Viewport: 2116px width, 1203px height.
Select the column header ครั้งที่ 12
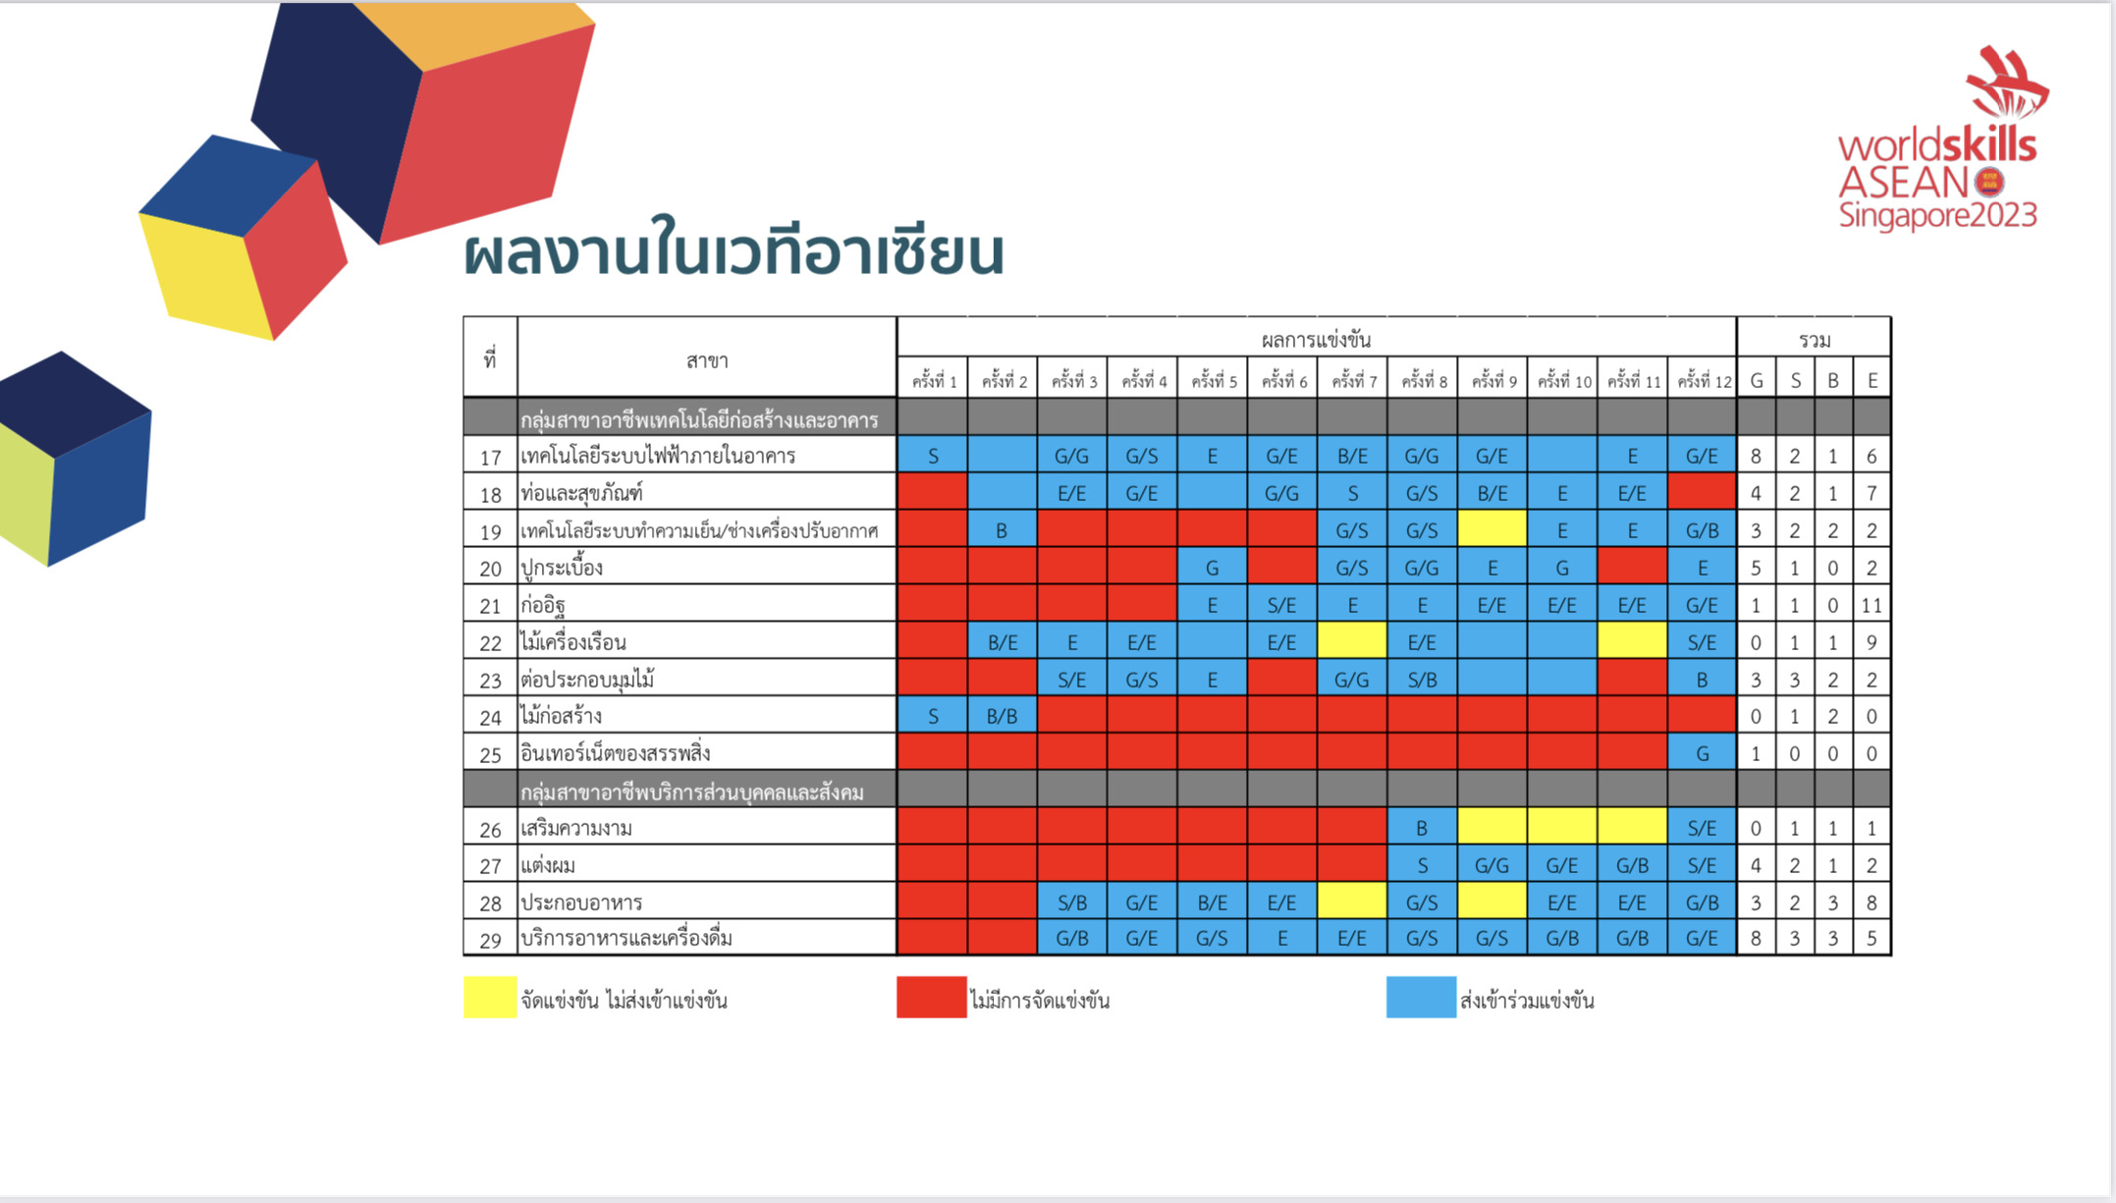[1704, 380]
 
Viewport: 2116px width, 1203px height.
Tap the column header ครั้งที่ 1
[933, 380]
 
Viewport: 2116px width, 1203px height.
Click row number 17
[490, 457]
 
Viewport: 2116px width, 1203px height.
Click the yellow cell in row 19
[1492, 529]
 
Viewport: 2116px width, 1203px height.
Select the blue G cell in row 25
[1703, 753]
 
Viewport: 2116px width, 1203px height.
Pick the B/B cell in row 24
[1003, 716]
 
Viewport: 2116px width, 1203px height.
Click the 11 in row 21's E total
[1872, 605]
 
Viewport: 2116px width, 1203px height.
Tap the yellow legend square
[490, 997]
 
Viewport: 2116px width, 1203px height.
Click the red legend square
[932, 997]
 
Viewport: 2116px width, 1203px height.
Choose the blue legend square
[1421, 997]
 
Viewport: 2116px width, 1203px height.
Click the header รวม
[1815, 340]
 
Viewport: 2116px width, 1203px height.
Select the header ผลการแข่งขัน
[1316, 340]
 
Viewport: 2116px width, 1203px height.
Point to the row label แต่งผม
[548, 865]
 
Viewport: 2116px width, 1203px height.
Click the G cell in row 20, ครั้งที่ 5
[1213, 567]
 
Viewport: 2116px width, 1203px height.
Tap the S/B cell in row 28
[1072, 902]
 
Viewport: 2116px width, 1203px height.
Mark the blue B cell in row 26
[1422, 828]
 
